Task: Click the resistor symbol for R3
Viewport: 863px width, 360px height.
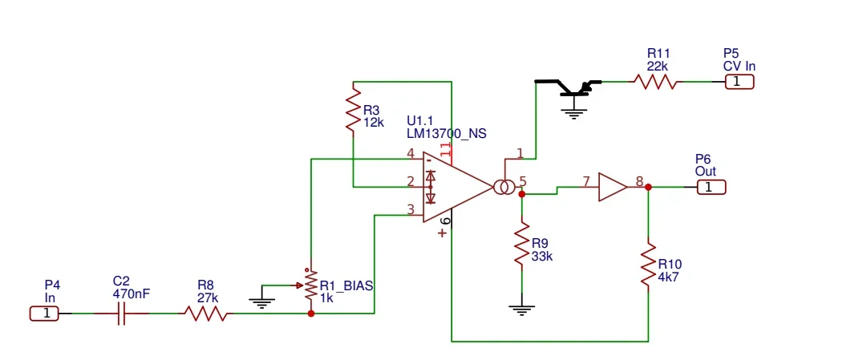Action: point(353,112)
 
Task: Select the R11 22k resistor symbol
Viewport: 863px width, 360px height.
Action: point(655,82)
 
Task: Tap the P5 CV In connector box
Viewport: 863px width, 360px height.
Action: point(739,82)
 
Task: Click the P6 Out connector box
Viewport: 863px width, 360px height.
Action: point(711,187)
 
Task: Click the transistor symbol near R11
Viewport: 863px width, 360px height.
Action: point(573,87)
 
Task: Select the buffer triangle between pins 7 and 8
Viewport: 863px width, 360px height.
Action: point(613,187)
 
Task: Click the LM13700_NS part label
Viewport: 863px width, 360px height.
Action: point(446,133)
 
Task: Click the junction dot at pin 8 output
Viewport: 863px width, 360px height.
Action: point(648,187)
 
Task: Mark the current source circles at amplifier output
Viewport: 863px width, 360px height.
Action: point(504,188)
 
